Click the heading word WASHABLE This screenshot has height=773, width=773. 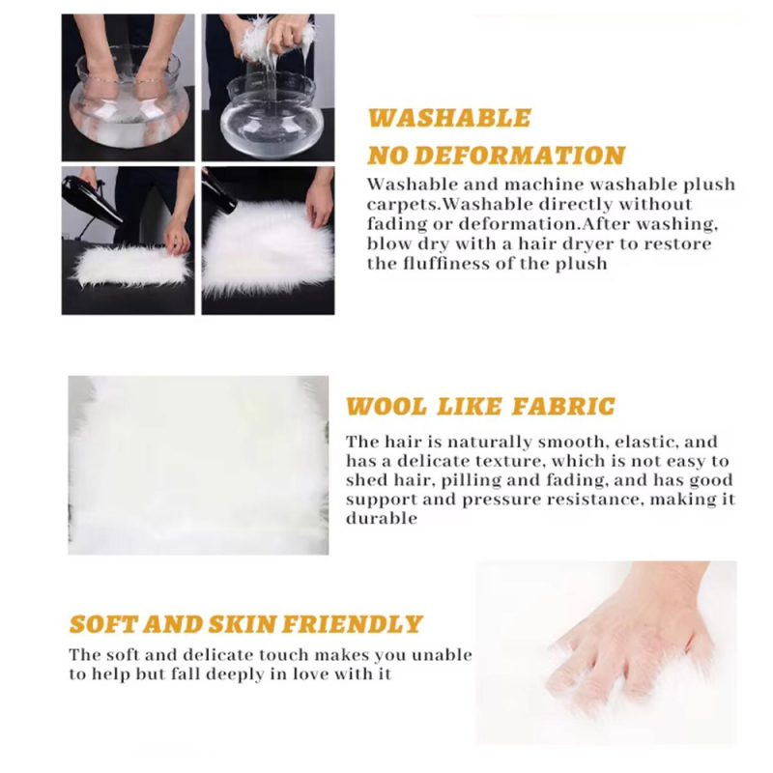click(449, 118)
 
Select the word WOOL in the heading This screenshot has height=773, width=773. click(386, 407)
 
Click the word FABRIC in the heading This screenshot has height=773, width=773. click(563, 407)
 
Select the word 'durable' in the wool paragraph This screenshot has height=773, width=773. click(382, 518)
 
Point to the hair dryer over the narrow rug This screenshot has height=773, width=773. click(90, 200)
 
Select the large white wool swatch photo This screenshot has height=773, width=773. click(198, 465)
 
